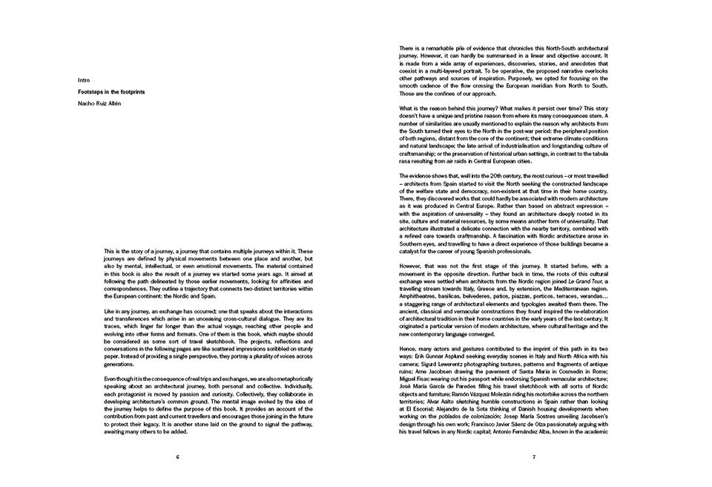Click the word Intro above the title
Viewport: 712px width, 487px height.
tap(83, 79)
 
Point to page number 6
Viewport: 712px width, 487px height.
tap(178, 457)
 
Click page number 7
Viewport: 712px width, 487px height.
tap(533, 457)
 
